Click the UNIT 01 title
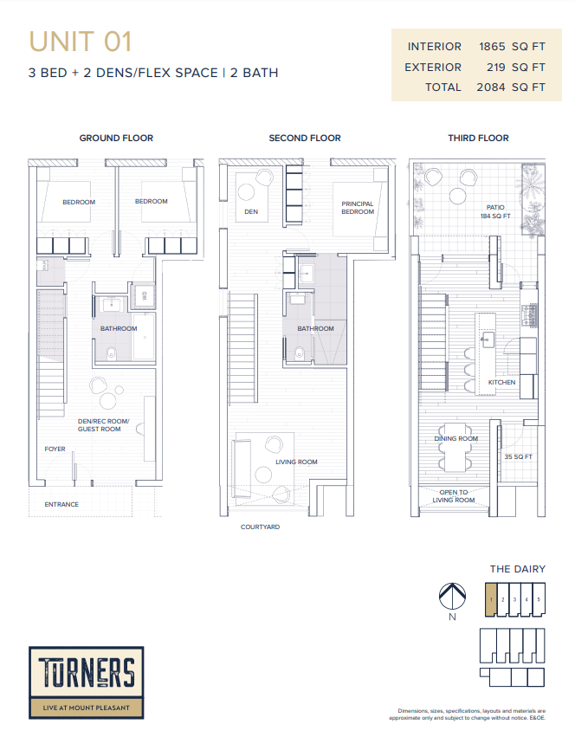80,42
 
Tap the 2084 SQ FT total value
510,87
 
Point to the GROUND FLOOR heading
116,138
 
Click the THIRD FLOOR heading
478,138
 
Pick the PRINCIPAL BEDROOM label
358,208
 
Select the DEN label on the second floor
251,211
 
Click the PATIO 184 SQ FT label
495,211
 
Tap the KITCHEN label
501,382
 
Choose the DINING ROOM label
455,439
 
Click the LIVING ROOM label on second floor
296,462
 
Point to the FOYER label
55,449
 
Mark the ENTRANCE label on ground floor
61,504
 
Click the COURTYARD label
260,527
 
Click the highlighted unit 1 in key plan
490,598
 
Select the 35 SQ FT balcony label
518,456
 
